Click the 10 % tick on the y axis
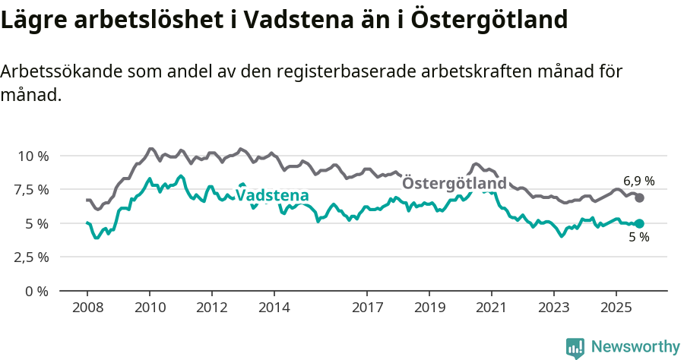[x=33, y=156]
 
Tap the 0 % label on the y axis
[x=37, y=291]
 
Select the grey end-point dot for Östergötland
[x=639, y=197]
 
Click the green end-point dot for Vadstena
[x=639, y=223]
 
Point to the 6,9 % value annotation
[x=638, y=181]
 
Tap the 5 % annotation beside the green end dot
[x=638, y=238]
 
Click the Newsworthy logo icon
[x=575, y=347]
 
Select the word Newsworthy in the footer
[x=635, y=347]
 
